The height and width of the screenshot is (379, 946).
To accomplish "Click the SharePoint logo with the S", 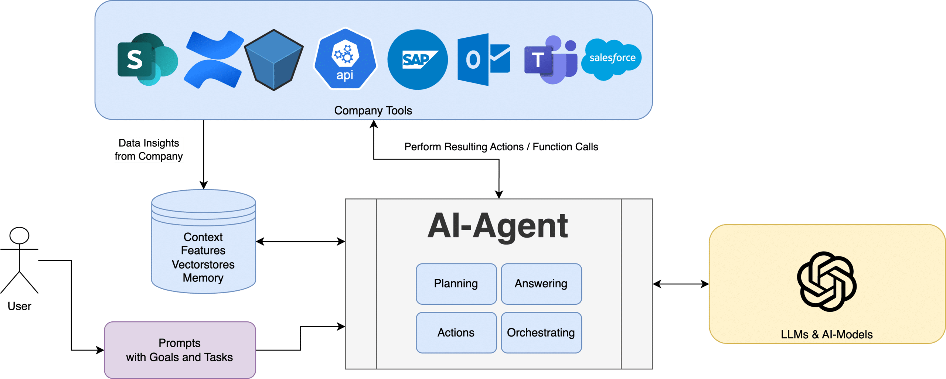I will point(147,59).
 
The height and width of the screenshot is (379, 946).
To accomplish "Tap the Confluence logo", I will point(214,60).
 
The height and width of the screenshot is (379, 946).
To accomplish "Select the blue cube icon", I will point(274,60).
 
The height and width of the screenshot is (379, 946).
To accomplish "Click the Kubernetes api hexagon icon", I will point(345,59).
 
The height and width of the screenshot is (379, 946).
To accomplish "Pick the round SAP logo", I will point(417,59).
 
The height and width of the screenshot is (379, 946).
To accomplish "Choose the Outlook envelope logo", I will point(483,59).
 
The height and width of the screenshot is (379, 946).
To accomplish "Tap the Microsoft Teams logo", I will point(550,60).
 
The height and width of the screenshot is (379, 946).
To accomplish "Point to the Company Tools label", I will point(373,110).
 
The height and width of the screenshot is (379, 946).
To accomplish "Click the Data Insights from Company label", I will point(149,150).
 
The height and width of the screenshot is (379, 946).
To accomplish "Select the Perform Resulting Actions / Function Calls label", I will point(501,147).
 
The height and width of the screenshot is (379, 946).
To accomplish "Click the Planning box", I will point(456,284).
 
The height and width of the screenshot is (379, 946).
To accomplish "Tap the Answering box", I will point(541,284).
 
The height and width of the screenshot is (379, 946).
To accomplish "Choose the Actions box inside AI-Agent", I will point(456,332).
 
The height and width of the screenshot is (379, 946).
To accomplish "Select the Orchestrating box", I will point(541,332).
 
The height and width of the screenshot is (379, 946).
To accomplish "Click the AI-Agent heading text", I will point(498,226).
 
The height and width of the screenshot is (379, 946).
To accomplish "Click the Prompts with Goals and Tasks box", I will point(180,350).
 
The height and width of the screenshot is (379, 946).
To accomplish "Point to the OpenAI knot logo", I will point(826,281).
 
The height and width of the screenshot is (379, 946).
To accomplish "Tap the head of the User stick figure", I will point(19,235).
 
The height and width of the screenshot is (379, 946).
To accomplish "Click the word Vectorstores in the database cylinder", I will point(203,264).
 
